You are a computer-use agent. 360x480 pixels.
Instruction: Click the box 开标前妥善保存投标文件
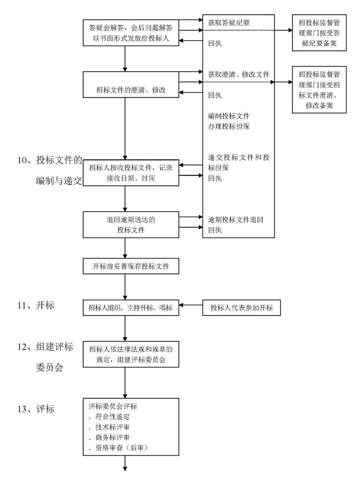(131, 266)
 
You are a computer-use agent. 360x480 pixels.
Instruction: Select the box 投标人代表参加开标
(241, 308)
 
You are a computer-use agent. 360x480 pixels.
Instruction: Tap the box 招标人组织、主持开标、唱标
(131, 308)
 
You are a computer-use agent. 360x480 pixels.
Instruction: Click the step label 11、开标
(36, 305)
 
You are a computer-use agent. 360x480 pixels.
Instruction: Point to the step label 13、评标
(36, 409)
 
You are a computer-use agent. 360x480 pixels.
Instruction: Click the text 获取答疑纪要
(229, 23)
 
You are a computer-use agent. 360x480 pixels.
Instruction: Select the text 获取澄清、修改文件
(239, 74)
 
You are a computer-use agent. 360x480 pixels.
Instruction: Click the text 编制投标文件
(229, 116)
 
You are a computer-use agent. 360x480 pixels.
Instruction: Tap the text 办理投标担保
(229, 126)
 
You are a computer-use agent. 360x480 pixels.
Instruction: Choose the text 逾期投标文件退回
(236, 219)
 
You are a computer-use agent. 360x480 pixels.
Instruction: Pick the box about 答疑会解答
(131, 33)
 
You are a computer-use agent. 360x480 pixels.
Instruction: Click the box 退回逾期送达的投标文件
(131, 224)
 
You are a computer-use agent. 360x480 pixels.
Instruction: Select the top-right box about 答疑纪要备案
(319, 33)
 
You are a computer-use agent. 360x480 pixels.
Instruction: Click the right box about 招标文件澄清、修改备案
(319, 90)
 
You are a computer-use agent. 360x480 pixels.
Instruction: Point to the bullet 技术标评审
(112, 427)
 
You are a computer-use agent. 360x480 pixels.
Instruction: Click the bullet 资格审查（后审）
(121, 448)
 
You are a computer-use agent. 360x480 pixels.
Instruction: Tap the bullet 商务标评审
(112, 437)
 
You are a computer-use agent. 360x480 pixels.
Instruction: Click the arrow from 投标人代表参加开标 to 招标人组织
(191, 305)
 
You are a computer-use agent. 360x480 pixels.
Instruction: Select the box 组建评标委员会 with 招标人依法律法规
(131, 354)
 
